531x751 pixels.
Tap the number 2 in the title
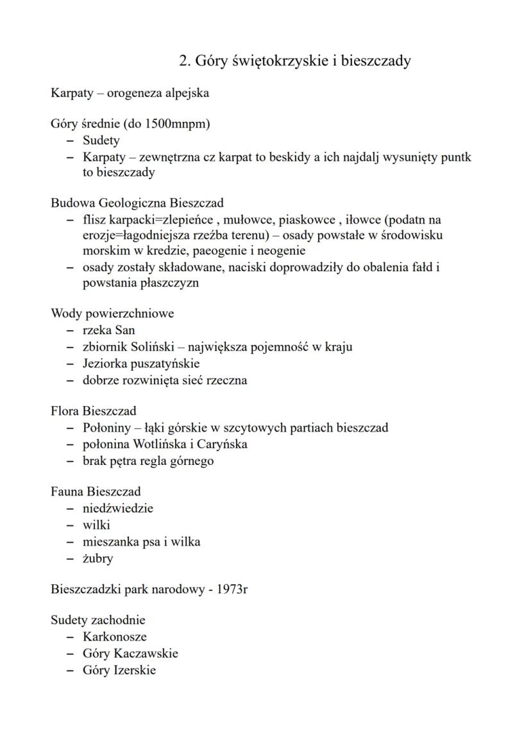[x=183, y=61]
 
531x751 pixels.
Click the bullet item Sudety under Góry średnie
[x=101, y=140]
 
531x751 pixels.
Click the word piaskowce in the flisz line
[x=306, y=220]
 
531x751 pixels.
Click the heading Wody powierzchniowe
[x=112, y=314]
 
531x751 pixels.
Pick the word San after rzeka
[x=124, y=330]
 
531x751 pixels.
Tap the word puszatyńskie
[x=163, y=364]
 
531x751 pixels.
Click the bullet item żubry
[x=97, y=558]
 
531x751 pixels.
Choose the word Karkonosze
[x=114, y=637]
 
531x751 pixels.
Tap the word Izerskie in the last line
[x=135, y=670]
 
